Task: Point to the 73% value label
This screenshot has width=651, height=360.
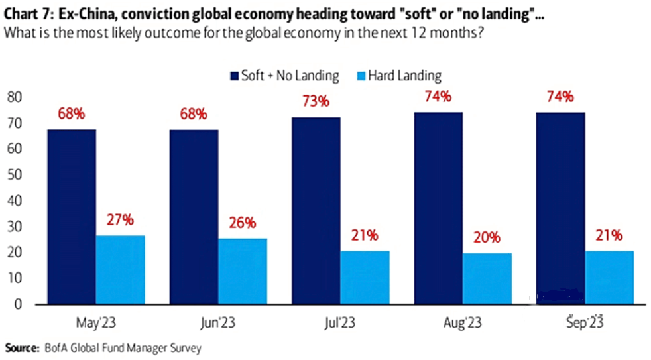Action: coord(316,101)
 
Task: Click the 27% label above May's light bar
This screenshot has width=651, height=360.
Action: coord(120,220)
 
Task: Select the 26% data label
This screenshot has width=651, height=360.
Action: coord(243,223)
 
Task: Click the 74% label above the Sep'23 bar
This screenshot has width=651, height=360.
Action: coord(561,97)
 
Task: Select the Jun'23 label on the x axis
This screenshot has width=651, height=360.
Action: coord(218,324)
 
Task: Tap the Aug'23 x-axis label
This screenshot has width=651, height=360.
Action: coord(463,324)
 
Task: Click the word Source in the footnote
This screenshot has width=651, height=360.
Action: coord(20,347)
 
